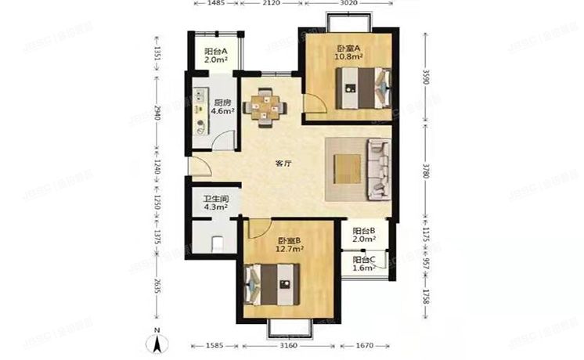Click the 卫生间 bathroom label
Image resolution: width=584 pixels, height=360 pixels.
point(215,197)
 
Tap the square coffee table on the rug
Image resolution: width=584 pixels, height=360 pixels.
point(347,167)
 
